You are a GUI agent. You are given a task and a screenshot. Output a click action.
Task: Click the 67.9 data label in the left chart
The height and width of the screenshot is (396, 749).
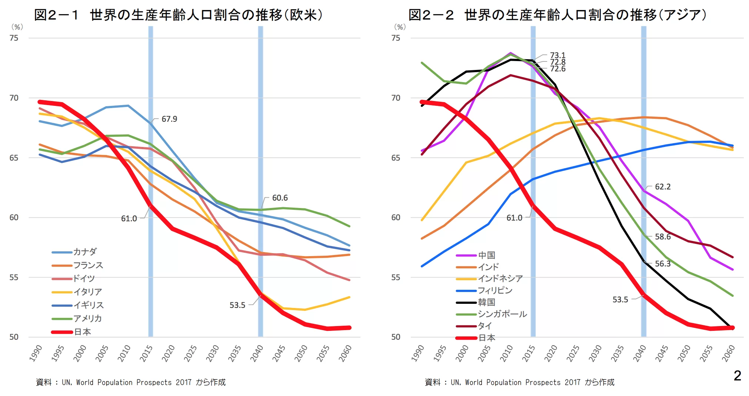169,119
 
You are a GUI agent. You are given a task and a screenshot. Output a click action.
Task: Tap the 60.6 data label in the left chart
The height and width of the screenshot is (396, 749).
280,198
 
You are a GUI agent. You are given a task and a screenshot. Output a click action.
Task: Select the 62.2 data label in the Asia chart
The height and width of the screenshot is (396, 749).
662,187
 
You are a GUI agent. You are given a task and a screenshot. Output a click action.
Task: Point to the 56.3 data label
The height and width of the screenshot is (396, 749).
662,264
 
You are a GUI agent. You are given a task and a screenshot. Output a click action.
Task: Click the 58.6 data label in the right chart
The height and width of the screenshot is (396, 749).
662,237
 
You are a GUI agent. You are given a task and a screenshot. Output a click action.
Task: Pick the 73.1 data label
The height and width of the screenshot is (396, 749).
557,56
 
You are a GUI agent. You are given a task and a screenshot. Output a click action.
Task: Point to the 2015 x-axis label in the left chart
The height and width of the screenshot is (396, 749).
146,353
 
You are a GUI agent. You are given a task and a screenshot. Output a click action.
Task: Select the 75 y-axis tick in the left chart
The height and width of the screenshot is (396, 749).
14,38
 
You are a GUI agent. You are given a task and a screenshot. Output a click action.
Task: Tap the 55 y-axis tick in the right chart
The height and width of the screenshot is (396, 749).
396,278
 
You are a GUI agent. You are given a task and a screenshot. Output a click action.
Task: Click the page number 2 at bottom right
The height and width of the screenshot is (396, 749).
737,376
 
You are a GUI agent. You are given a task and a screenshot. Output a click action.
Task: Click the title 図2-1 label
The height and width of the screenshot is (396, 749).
56,15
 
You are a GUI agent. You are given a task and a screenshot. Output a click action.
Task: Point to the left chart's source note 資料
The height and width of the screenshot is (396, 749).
44,382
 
